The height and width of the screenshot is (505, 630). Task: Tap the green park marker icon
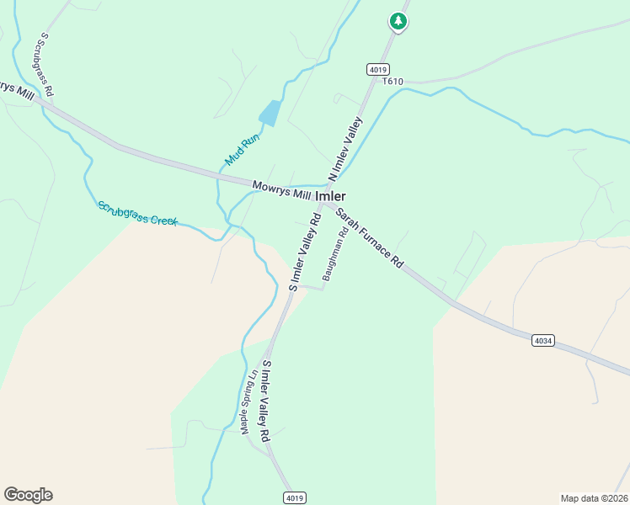[398, 22]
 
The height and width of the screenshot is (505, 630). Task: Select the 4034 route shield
[543, 340]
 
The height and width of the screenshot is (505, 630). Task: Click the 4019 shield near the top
[376, 68]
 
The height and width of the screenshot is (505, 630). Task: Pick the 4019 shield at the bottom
[293, 497]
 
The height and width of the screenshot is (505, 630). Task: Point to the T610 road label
[392, 81]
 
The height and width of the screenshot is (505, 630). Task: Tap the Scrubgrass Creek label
[137, 213]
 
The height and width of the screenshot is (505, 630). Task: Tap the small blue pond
[270, 113]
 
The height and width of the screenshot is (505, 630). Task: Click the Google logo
[28, 495]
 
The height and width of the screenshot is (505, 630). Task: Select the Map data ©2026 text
[594, 497]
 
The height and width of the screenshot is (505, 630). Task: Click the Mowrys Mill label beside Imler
[281, 190]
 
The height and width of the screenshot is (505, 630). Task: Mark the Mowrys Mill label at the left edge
[15, 90]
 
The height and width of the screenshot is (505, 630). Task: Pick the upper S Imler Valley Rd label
[305, 251]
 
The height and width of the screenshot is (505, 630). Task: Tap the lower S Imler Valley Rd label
[265, 401]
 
